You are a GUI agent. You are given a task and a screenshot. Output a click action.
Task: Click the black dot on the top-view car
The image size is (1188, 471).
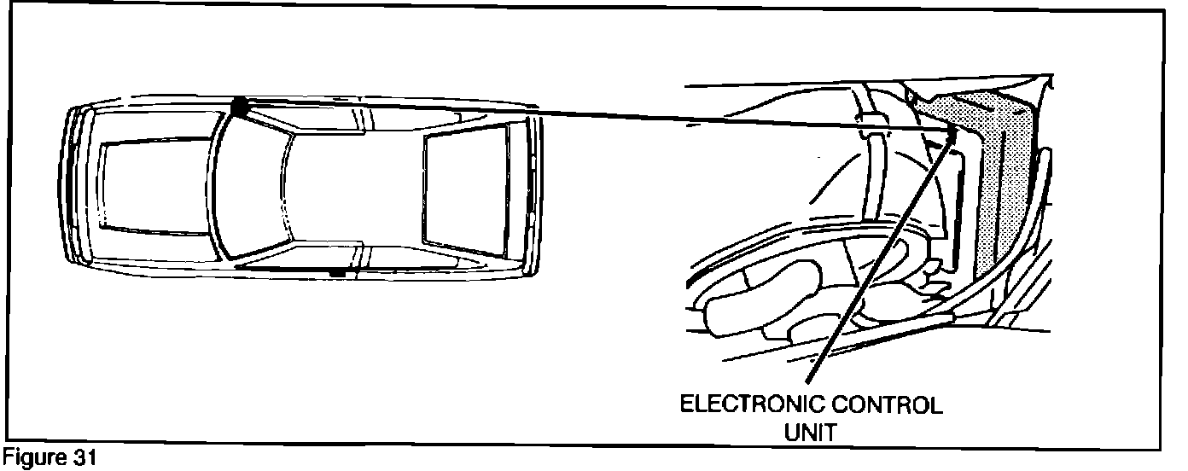[239, 106]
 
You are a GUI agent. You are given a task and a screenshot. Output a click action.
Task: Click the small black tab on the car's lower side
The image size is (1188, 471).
[338, 273]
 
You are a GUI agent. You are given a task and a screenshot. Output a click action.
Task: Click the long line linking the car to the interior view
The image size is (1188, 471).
[597, 117]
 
